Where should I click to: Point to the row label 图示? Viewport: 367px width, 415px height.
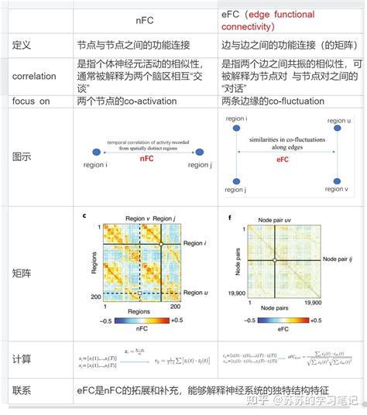21,156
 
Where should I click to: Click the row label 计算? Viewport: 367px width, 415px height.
21,360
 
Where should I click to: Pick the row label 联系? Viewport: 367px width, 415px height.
21,392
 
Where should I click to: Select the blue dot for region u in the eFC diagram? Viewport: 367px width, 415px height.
335,132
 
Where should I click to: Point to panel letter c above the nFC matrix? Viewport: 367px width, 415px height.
84,218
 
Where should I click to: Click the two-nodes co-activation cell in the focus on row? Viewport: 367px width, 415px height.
126,101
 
